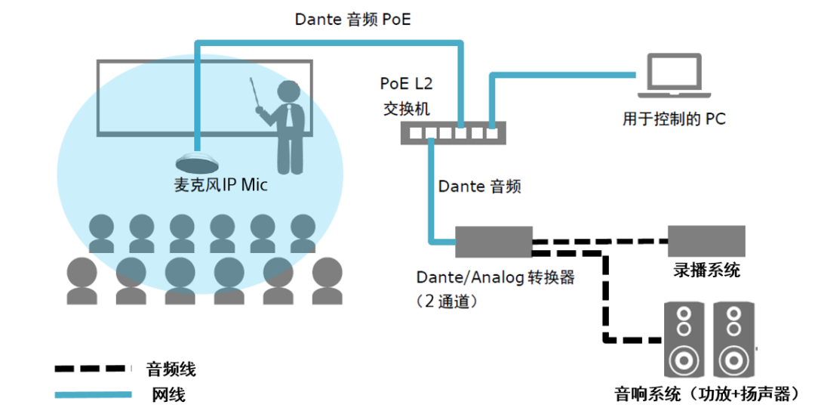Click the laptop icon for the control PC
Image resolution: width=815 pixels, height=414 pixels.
(x=674, y=76)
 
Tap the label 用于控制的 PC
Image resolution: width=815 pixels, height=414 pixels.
(x=674, y=119)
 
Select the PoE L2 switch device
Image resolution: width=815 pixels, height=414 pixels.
(x=454, y=133)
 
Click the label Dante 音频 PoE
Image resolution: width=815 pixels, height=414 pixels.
(x=353, y=19)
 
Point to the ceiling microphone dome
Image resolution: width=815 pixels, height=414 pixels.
(x=197, y=162)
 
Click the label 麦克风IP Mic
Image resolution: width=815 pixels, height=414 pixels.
(x=220, y=184)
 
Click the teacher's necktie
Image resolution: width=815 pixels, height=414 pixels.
(x=289, y=116)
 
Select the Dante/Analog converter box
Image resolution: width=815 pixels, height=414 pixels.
(x=494, y=242)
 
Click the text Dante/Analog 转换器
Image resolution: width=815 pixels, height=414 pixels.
(x=495, y=277)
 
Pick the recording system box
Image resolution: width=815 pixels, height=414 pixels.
(x=706, y=241)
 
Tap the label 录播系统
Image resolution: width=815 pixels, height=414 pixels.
(x=706, y=270)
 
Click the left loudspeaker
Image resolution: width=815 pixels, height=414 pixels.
(x=684, y=340)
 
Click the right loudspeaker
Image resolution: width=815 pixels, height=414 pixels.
(x=733, y=340)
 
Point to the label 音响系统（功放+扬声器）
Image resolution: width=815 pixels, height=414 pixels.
(x=708, y=394)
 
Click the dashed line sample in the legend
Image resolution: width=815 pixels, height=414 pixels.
(x=91, y=369)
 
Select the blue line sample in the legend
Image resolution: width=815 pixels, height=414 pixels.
(x=93, y=395)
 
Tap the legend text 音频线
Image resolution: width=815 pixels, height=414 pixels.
(x=171, y=369)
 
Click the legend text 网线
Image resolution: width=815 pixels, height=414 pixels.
(x=168, y=395)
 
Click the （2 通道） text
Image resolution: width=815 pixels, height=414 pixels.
(x=447, y=301)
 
